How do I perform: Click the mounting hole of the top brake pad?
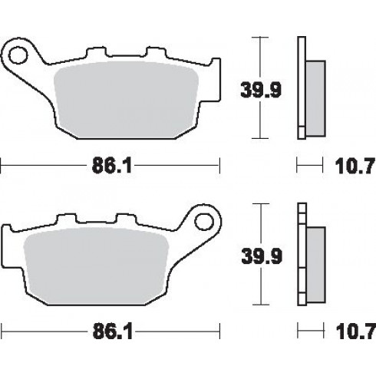click(18, 54)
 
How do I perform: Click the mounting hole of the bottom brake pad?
click(204, 222)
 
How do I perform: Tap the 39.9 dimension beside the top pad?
click(261, 90)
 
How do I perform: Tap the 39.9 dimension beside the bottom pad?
click(262, 256)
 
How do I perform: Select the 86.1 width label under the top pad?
click(112, 166)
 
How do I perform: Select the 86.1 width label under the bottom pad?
click(113, 331)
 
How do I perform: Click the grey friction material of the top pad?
click(127, 100)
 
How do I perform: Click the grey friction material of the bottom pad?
click(96, 266)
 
